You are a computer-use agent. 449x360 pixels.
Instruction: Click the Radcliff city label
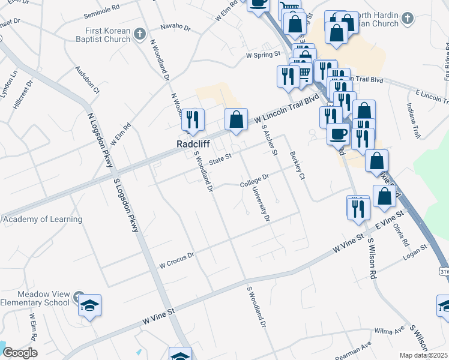(x=191, y=144)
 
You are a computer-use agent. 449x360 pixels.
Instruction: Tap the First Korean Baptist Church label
(x=107, y=35)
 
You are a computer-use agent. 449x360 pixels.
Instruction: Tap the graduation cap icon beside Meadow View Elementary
(x=89, y=305)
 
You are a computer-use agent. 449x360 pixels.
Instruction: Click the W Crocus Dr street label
(x=176, y=260)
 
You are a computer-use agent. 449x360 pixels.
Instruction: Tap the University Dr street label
(x=259, y=204)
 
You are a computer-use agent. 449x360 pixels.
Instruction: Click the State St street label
(x=220, y=160)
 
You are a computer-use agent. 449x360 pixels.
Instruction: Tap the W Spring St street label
(x=264, y=54)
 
